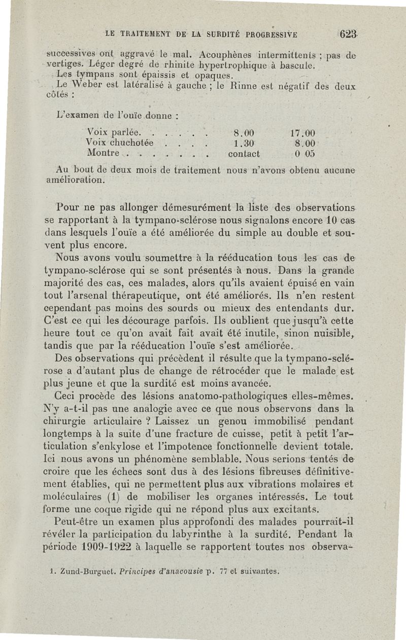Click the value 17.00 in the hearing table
[304, 134]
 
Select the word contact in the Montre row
[244, 153]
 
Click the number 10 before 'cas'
[318, 222]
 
